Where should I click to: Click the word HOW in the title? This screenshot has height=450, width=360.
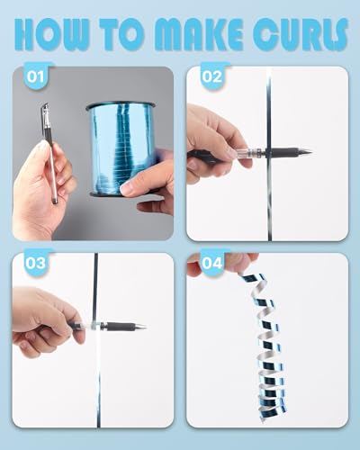pyautogui.click(x=52, y=34)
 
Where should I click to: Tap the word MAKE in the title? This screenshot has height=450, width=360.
pyautogui.click(x=201, y=35)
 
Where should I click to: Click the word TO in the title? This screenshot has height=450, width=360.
pyautogui.click(x=124, y=34)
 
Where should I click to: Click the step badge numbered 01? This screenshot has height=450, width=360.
pyautogui.click(x=35, y=76)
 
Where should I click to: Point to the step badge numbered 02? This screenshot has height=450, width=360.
pyautogui.click(x=212, y=76)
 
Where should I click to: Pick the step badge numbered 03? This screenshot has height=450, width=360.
pyautogui.click(x=35, y=262)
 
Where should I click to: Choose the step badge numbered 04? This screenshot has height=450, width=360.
pyautogui.click(x=212, y=262)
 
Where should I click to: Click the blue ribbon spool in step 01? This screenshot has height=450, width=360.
pyautogui.click(x=121, y=149)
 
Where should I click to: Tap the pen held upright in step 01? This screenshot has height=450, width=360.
pyautogui.click(x=49, y=153)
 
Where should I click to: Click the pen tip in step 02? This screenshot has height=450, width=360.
pyautogui.click(x=307, y=151)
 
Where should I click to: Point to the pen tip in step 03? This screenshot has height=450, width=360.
pyautogui.click(x=142, y=327)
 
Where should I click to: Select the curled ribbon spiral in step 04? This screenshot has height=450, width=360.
pyautogui.click(x=264, y=345)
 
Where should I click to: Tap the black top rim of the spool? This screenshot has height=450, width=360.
pyautogui.click(x=121, y=105)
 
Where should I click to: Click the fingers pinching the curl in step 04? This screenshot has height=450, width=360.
pyautogui.click(x=222, y=263)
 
